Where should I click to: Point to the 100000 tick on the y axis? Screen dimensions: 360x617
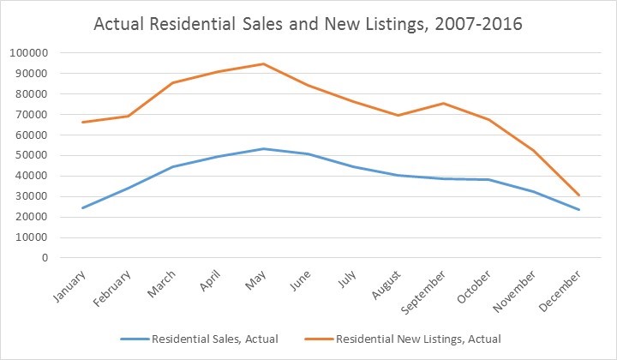pos(27,53)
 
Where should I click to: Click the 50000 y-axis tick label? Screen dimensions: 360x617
pos(30,155)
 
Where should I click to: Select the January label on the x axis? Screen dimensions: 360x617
pos(69,287)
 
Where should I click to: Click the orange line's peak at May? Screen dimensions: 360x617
pos(263,63)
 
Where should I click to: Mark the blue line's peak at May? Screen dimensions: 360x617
pos(263,148)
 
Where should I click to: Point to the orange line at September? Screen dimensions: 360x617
pos(443,103)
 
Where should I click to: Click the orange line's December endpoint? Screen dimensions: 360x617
pos(578,195)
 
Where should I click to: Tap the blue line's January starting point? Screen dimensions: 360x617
pos(83,207)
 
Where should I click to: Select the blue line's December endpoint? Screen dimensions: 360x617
pos(578,209)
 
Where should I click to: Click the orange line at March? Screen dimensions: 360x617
pos(173,82)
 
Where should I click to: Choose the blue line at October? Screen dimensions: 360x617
pos(488,179)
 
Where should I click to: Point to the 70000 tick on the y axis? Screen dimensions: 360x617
pos(30,114)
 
